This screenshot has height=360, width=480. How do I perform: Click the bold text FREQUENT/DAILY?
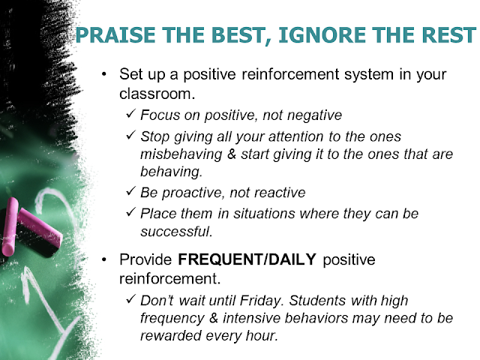(247, 259)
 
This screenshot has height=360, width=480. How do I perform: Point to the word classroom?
(157, 94)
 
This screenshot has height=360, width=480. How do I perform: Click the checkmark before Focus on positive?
(130, 114)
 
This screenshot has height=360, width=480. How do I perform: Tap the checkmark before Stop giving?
(130, 135)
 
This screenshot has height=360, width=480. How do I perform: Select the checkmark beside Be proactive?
(130, 191)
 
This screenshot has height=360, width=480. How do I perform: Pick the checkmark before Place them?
(130, 212)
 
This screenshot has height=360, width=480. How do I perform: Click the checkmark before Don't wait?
(130, 299)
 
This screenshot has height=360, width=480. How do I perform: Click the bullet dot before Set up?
(104, 74)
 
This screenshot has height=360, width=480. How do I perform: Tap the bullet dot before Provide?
(104, 259)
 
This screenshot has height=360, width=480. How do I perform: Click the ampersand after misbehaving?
(232, 154)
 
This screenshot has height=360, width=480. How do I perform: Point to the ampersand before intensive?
(214, 318)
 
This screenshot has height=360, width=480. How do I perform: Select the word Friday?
(260, 301)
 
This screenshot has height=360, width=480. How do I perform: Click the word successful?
(176, 232)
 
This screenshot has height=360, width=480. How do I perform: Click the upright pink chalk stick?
(9, 226)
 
